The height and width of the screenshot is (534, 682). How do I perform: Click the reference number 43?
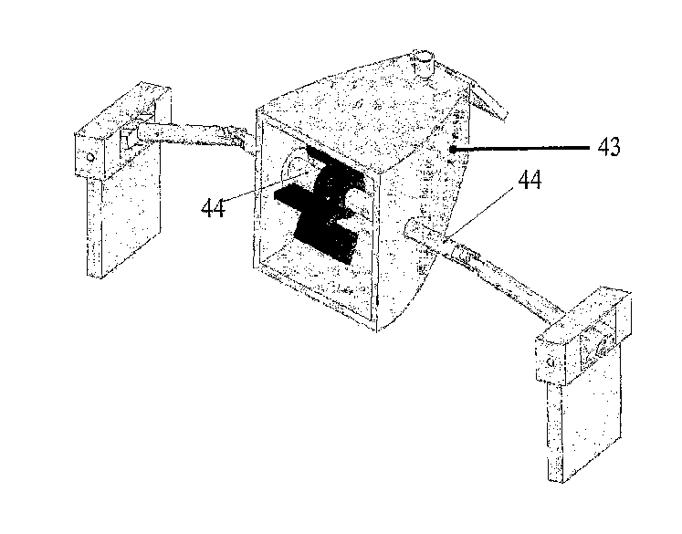pos(609,147)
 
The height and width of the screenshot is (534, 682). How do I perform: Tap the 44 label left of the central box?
pos(213,208)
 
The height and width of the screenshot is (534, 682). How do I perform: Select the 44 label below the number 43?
pos(530,179)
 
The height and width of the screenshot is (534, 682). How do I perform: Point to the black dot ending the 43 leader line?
pos(453,150)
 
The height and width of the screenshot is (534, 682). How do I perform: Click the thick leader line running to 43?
pos(521,148)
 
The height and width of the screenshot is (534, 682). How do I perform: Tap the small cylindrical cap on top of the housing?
pos(423,65)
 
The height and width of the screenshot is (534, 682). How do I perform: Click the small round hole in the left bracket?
pos(90,156)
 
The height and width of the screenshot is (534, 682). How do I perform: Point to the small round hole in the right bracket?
pos(550,361)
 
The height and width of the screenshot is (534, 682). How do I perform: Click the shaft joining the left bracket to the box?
pos(195,136)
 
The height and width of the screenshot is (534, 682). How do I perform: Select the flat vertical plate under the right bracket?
pos(582,414)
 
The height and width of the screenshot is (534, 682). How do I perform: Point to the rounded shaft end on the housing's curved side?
pos(411,228)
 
